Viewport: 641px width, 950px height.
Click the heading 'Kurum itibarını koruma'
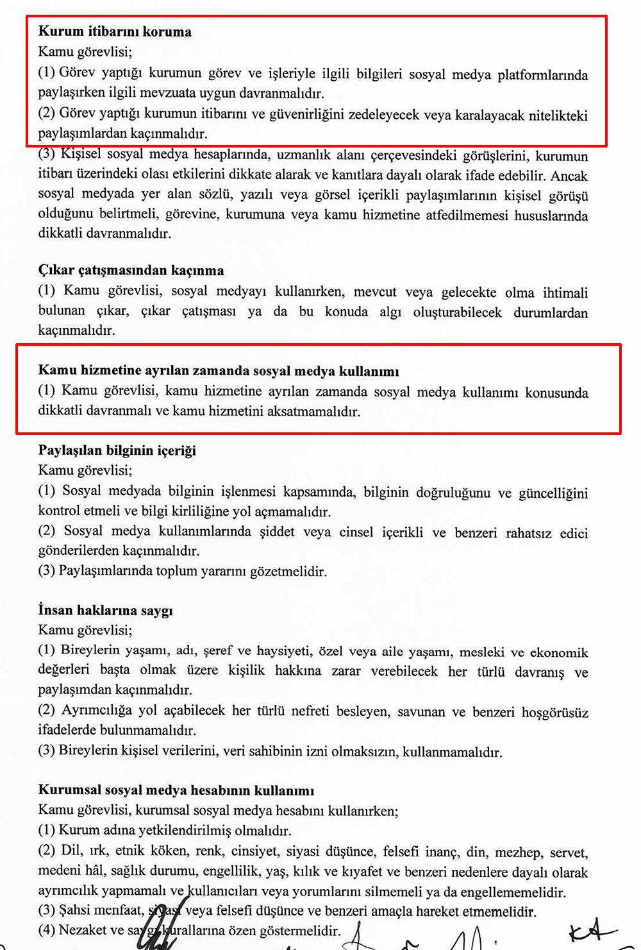pyautogui.click(x=115, y=31)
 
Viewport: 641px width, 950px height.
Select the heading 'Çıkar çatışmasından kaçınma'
pyautogui.click(x=131, y=270)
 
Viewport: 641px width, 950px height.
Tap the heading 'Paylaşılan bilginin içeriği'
pyautogui.click(x=117, y=450)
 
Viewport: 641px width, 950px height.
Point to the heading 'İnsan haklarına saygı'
pyautogui.click(x=105, y=610)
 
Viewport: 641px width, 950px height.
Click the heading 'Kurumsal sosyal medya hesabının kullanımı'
pyautogui.click(x=176, y=790)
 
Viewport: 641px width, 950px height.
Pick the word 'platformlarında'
pyautogui.click(x=542, y=74)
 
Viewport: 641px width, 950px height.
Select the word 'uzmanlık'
pyautogui.click(x=301, y=155)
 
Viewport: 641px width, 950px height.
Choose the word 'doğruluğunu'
pyautogui.click(x=454, y=492)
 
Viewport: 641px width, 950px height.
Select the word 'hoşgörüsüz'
pyautogui.click(x=554, y=711)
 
